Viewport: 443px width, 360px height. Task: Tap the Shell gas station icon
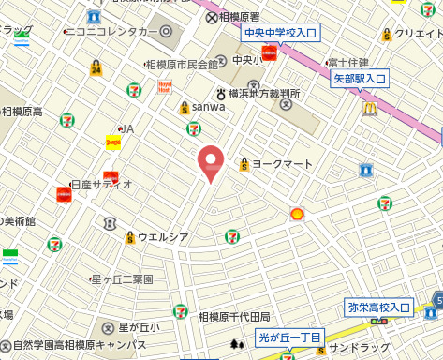tap(297, 215)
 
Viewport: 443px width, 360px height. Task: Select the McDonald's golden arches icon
tap(370, 109)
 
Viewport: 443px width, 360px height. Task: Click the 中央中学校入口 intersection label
tap(280, 34)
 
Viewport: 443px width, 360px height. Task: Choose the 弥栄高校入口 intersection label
tap(379, 307)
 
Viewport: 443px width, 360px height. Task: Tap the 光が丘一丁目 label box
tap(290, 337)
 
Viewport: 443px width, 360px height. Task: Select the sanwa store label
tap(208, 107)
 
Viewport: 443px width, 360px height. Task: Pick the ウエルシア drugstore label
tap(164, 237)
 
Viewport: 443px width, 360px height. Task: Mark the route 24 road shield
tap(96, 68)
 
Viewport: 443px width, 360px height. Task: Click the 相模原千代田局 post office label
tap(233, 318)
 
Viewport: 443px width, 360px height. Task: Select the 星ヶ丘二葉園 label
tap(122, 279)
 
